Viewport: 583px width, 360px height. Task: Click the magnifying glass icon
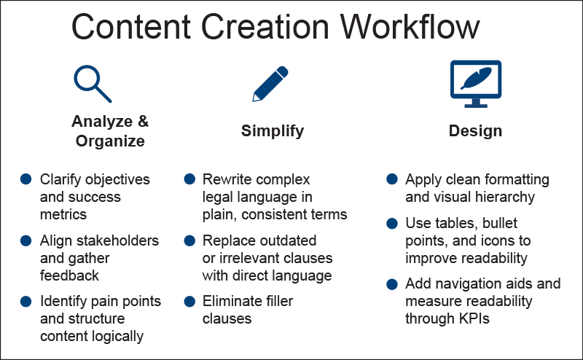tap(93, 82)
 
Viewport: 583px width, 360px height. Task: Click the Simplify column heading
tap(273, 131)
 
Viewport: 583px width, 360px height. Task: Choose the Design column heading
tap(475, 131)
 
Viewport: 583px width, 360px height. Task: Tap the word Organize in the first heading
tap(109, 141)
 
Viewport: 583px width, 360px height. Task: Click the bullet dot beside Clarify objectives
tap(26, 179)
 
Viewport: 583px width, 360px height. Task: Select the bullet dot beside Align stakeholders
tap(26, 240)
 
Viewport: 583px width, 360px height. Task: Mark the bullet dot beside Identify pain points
tap(26, 300)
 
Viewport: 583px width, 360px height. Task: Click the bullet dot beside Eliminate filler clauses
tap(189, 300)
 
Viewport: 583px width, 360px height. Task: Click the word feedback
tap(69, 275)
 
